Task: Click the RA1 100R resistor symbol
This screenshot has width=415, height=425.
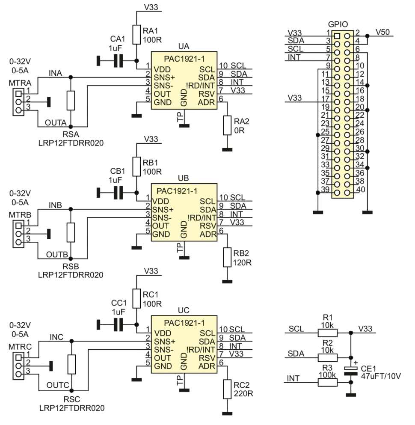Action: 136,34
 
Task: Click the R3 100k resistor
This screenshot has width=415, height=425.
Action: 328,382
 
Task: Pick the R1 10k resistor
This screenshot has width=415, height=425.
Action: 328,333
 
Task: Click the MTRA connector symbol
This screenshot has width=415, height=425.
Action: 18,101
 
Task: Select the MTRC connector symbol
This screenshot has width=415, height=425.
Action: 18,366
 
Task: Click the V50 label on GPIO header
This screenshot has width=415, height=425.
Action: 382,32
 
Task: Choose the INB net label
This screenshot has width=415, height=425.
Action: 56,205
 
